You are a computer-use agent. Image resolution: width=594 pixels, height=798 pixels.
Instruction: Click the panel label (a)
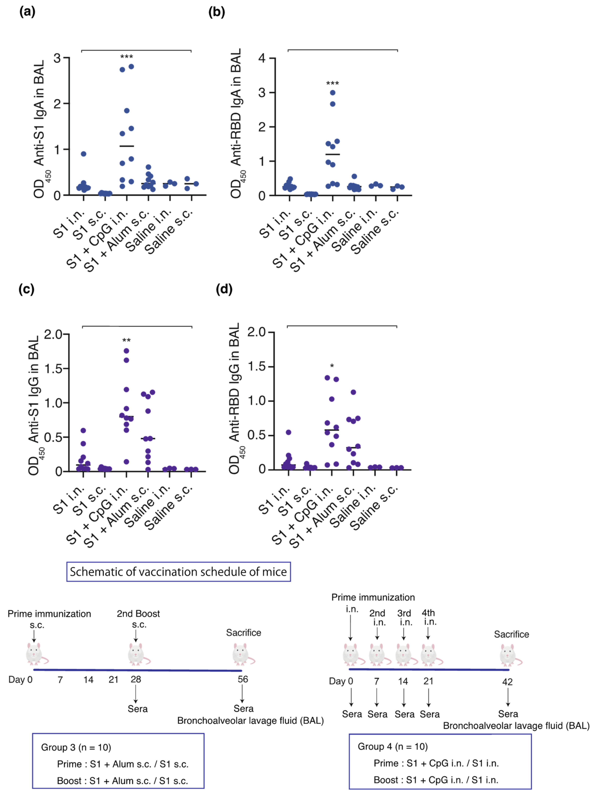tap(27, 12)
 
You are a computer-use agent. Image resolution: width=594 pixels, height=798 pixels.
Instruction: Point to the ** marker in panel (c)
tap(126, 340)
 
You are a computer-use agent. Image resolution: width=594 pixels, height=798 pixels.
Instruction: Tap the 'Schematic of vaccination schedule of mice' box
tap(178, 572)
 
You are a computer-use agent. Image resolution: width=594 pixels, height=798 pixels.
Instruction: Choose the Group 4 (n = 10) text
tap(393, 747)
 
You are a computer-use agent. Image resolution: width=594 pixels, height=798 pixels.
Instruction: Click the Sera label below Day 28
tap(137, 709)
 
